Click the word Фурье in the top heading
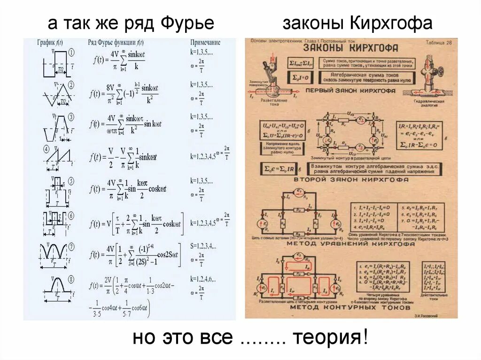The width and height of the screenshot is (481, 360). coord(187,23)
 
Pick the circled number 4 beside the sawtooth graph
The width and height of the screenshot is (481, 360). coord(47,149)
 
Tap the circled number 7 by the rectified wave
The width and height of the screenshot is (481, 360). coord(72,246)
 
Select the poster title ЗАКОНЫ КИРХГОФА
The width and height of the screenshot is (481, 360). coord(351,48)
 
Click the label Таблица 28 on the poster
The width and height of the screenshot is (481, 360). coord(438,42)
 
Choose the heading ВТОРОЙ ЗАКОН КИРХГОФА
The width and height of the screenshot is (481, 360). coord(349,179)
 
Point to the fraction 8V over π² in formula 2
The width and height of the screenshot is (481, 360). coord(111,92)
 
